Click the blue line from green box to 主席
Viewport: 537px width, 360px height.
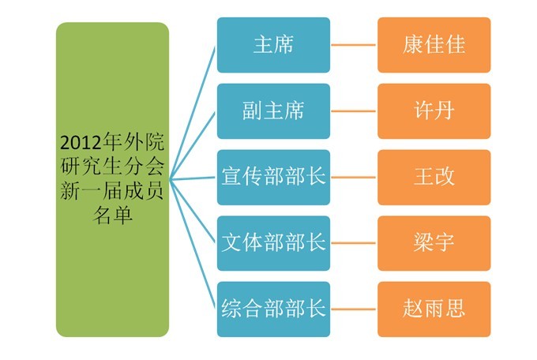193,111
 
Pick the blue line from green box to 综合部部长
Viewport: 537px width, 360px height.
193,244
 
